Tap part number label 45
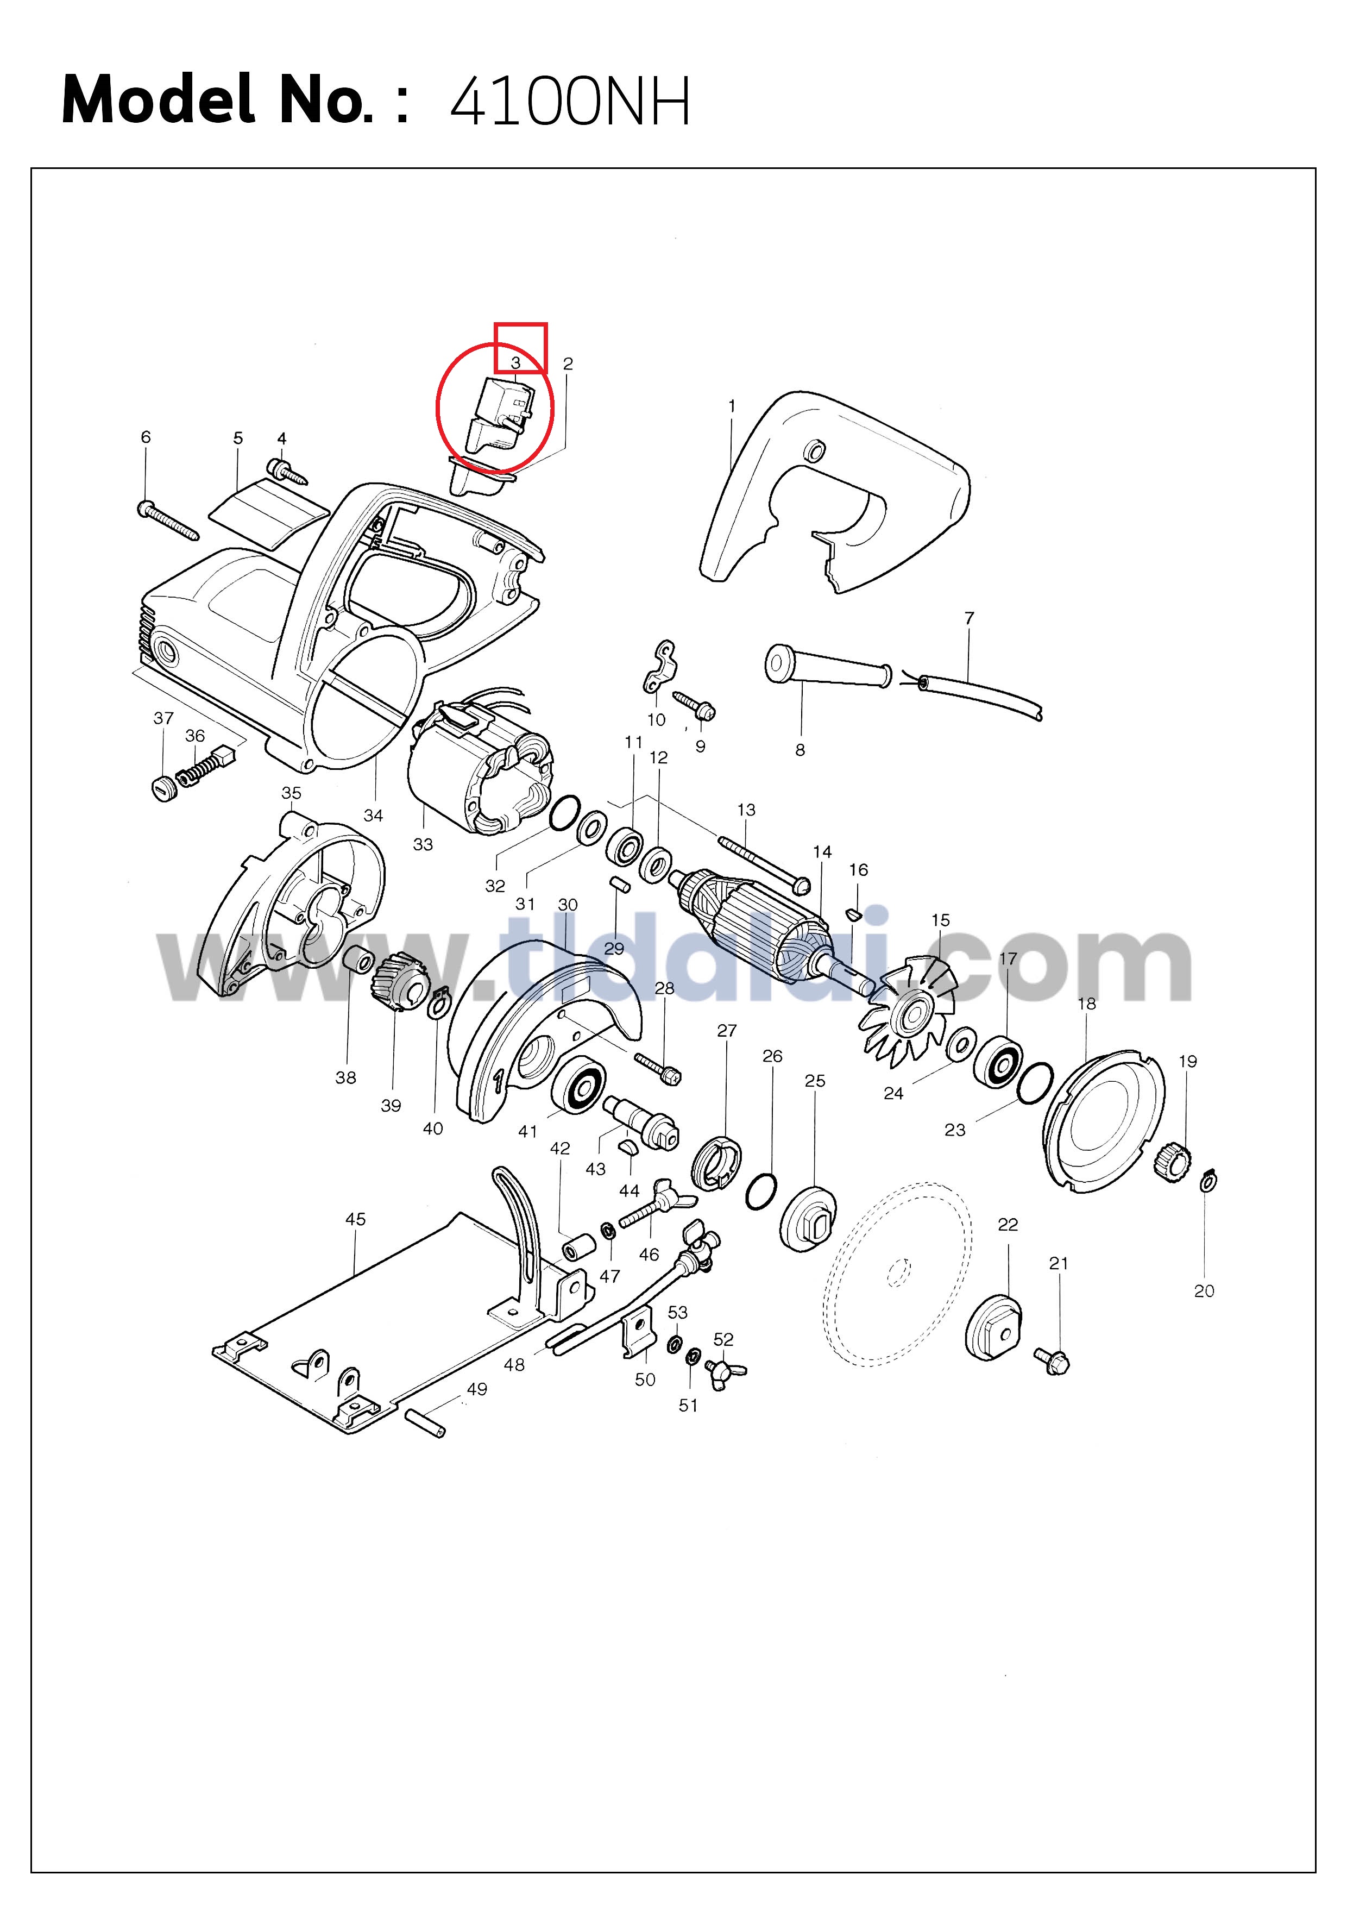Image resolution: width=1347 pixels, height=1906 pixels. click(355, 1219)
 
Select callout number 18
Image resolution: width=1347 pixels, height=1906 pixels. click(1086, 1004)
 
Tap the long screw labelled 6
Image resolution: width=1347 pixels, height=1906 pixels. click(168, 519)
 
